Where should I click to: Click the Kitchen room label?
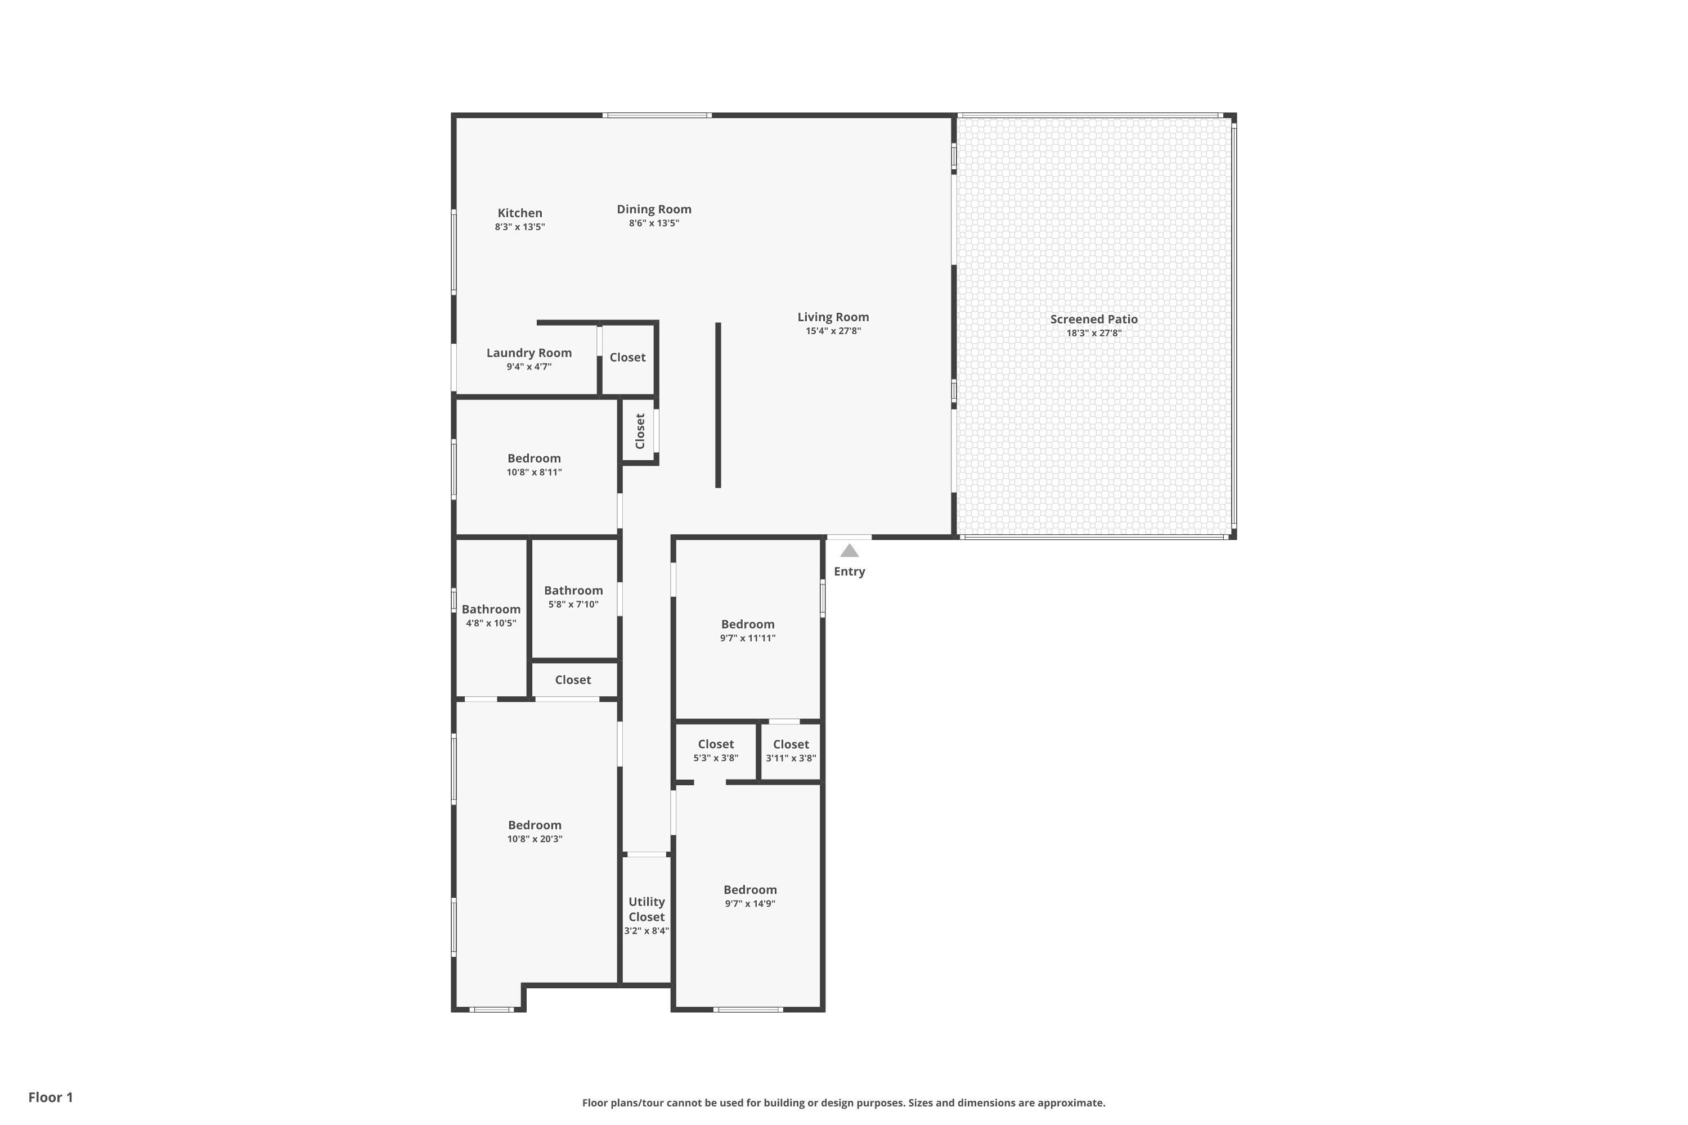519,213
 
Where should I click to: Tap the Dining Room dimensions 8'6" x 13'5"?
654,223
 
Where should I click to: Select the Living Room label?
833,317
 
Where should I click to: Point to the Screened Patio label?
1093,319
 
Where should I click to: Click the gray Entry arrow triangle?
849,551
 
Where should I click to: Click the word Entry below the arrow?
849,572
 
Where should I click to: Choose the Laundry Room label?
529,353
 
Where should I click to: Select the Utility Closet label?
646,909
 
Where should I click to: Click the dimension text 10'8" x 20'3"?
535,839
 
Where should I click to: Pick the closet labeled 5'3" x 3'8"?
716,750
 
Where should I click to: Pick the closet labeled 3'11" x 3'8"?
790,750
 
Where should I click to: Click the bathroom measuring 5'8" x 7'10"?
573,596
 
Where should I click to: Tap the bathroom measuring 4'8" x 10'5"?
491,615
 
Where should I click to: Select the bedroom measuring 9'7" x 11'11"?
748,630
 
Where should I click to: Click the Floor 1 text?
50,1097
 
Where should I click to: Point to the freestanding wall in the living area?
718,406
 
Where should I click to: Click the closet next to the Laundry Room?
627,357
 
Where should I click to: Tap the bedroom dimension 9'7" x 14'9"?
750,903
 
